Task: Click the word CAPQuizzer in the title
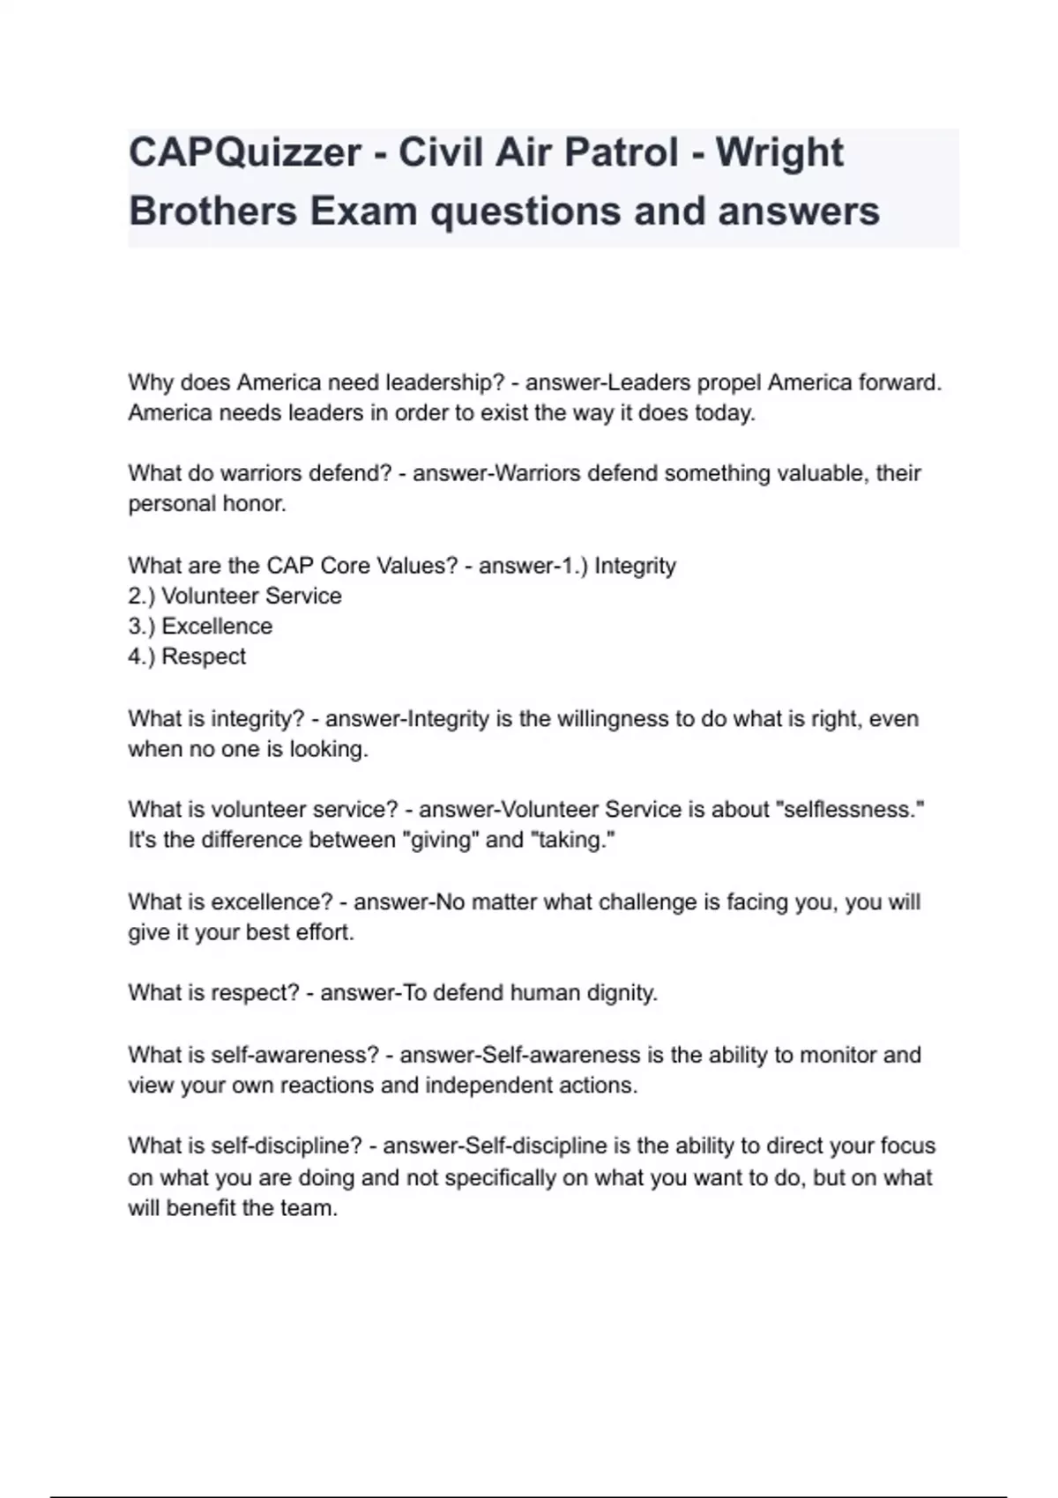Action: [x=244, y=153]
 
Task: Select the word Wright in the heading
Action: [x=779, y=153]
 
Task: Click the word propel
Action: [x=729, y=382]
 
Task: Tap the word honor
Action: [x=255, y=504]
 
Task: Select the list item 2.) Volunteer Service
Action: [x=235, y=596]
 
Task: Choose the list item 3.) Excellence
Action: [x=200, y=627]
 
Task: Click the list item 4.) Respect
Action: [x=187, y=656]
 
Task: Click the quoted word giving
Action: [x=441, y=840]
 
